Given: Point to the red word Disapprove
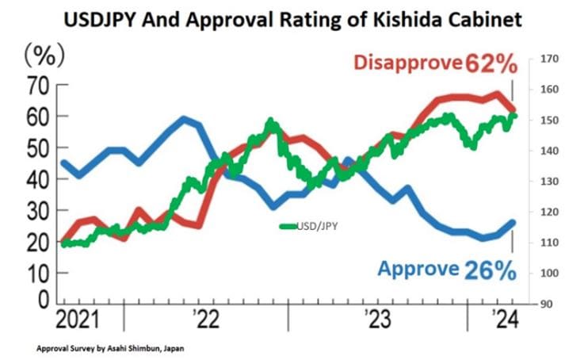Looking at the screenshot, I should (x=407, y=62).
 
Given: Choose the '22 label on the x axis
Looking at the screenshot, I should (x=204, y=321).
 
